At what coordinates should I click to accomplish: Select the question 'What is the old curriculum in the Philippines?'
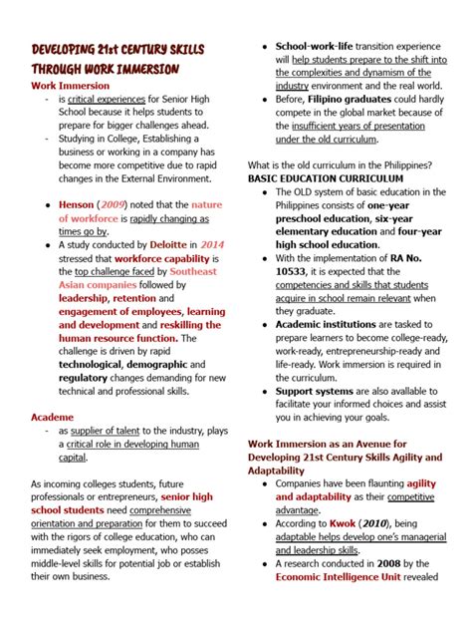(x=340, y=164)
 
